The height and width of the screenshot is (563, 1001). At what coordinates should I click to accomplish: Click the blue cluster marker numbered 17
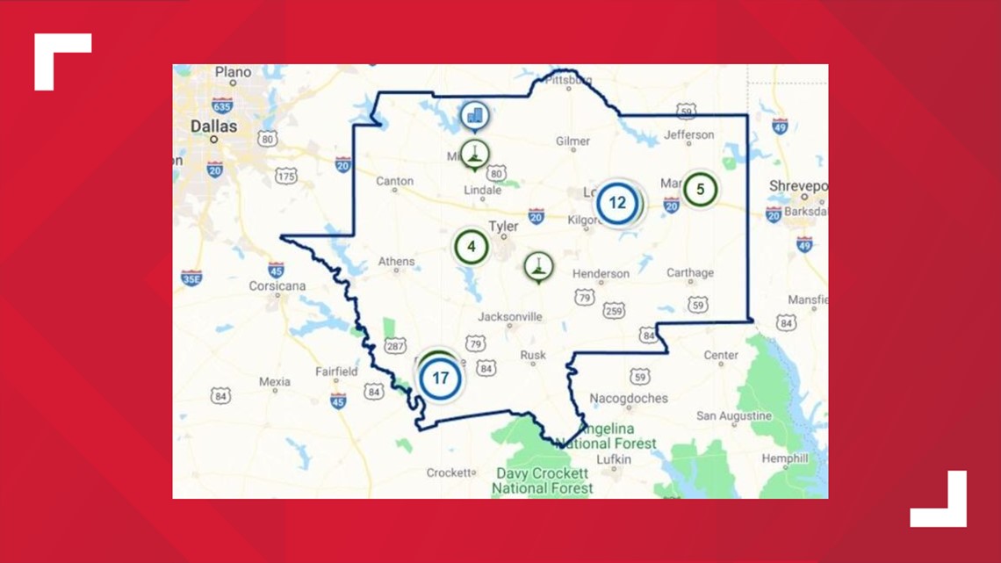pyautogui.click(x=440, y=379)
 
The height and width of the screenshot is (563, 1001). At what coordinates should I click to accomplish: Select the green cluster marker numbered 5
pyautogui.click(x=700, y=189)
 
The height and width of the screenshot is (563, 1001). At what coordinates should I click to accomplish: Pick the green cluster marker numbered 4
pyautogui.click(x=472, y=247)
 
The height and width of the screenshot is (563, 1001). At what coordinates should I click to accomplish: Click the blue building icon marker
pyautogui.click(x=475, y=115)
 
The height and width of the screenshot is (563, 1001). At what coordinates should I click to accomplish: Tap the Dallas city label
pyautogui.click(x=214, y=126)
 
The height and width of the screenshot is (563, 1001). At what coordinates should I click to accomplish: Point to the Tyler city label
pyautogui.click(x=503, y=227)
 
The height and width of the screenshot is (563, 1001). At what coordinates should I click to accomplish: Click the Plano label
pyautogui.click(x=233, y=72)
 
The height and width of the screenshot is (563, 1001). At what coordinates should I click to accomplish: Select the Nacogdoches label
pyautogui.click(x=629, y=398)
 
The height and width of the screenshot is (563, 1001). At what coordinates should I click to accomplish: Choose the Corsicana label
pyautogui.click(x=277, y=286)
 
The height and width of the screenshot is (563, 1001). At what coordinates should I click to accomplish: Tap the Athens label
pyautogui.click(x=396, y=262)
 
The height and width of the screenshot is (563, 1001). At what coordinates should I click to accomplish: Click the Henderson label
pyautogui.click(x=601, y=273)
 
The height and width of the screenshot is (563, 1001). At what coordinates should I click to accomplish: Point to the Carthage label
pyautogui.click(x=690, y=272)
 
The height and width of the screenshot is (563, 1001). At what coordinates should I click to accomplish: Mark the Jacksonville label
pyautogui.click(x=510, y=317)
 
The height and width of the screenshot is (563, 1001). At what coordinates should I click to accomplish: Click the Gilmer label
pyautogui.click(x=573, y=141)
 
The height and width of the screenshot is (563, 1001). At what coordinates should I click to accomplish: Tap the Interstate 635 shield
pyautogui.click(x=222, y=105)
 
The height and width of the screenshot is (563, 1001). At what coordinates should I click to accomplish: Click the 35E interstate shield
pyautogui.click(x=191, y=278)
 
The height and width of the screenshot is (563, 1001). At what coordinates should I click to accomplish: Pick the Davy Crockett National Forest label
pyautogui.click(x=542, y=480)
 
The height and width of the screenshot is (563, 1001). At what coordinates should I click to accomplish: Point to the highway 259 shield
pyautogui.click(x=614, y=310)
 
